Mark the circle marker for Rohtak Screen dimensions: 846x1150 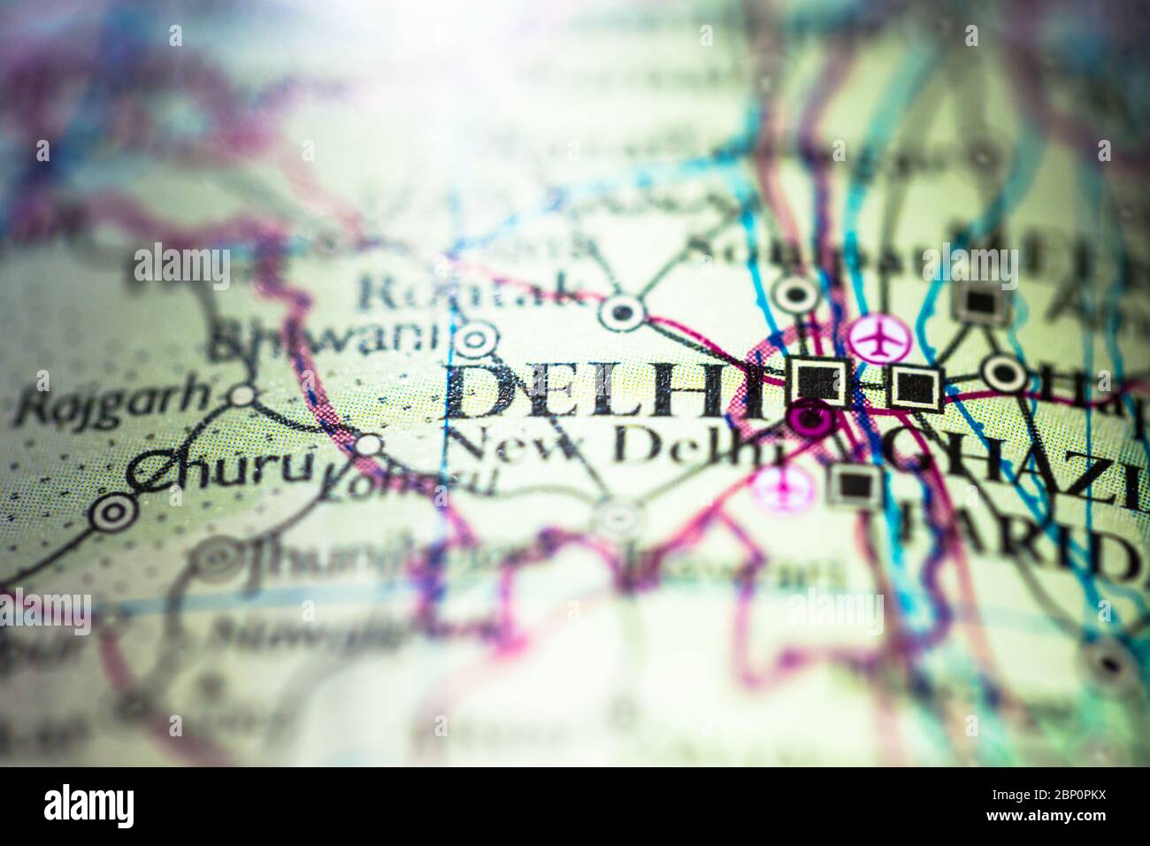point(623,311)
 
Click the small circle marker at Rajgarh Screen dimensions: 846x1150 point(241,395)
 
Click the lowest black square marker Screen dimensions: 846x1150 point(855,483)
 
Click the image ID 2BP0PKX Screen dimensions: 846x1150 point(1079,805)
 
